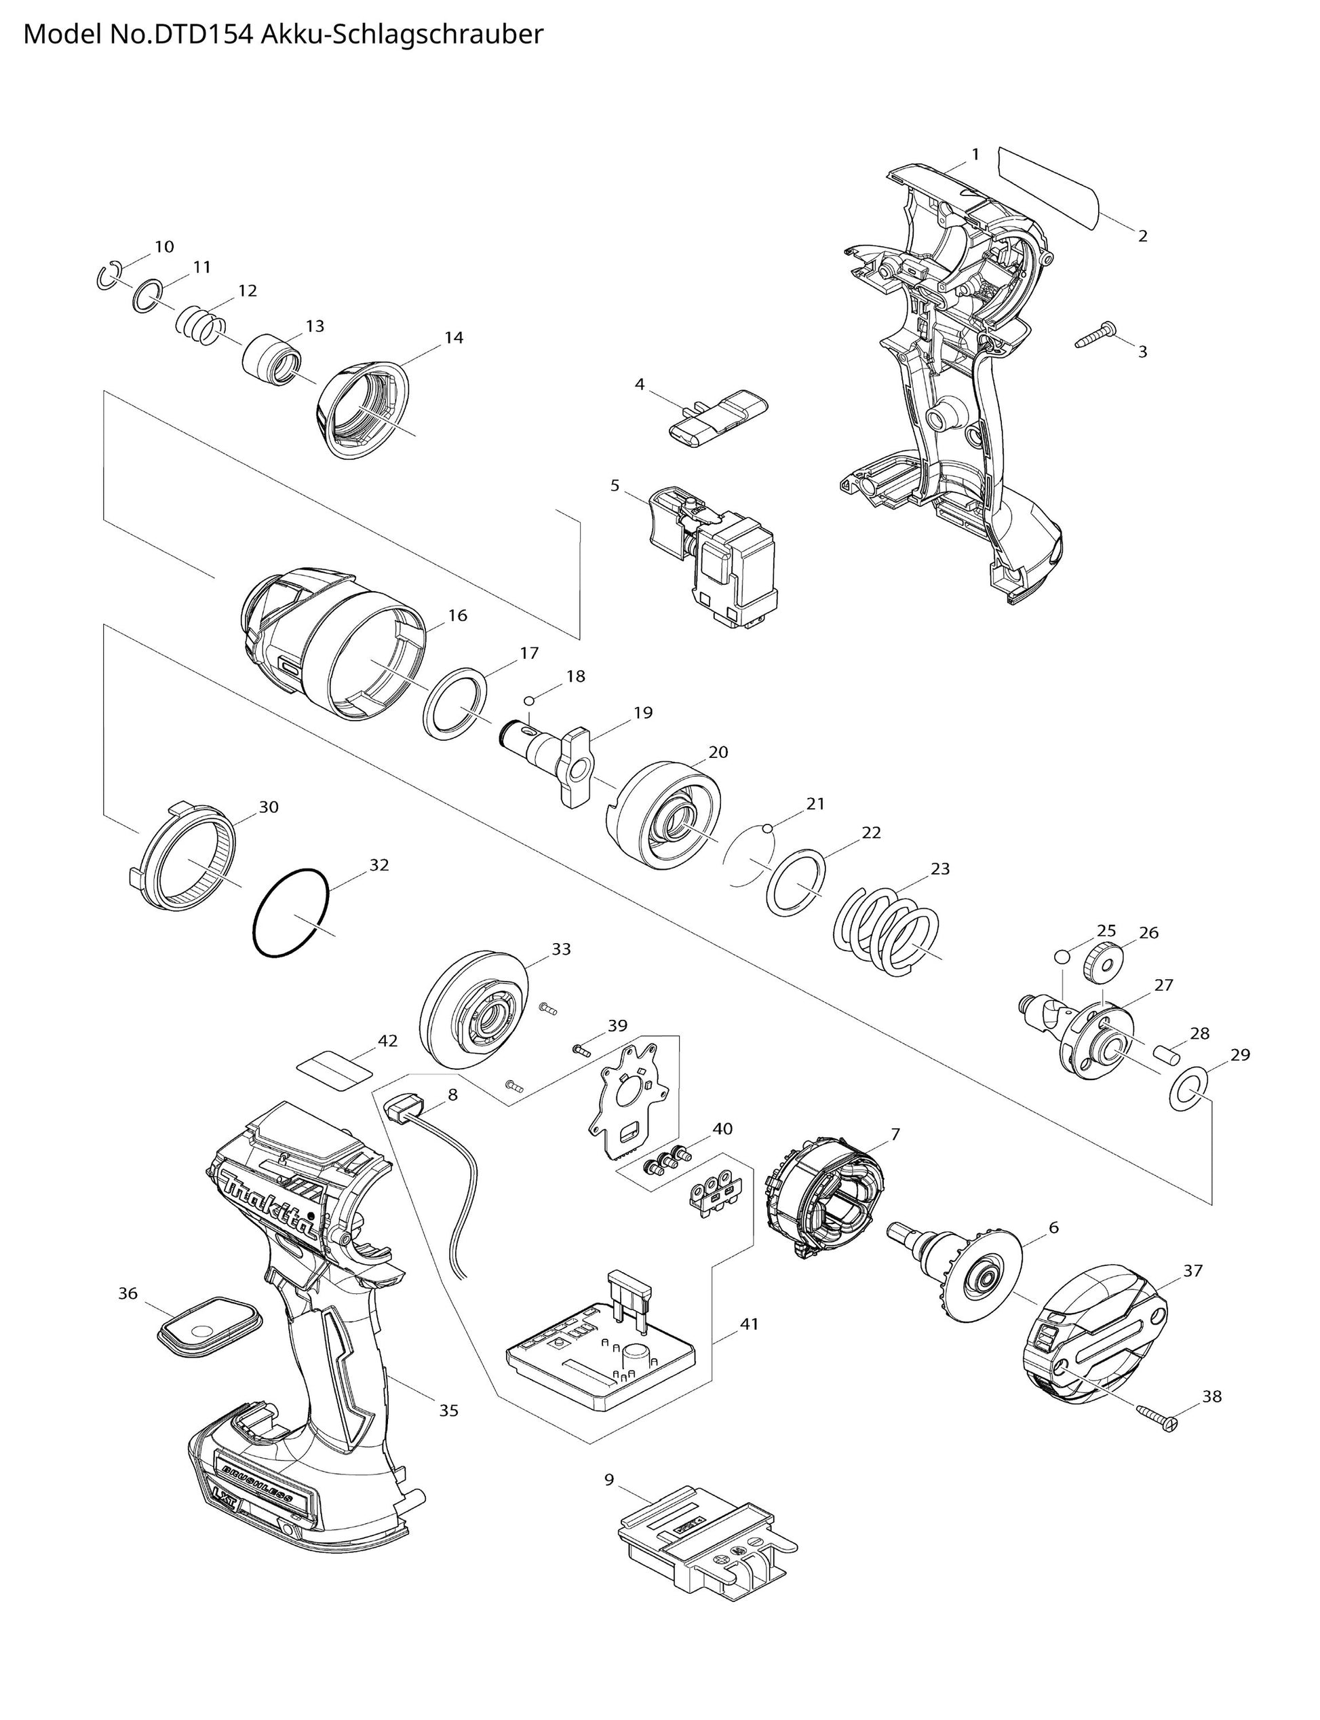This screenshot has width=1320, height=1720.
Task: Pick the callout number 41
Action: click(x=750, y=1324)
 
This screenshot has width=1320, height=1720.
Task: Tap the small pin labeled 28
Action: click(x=1165, y=1053)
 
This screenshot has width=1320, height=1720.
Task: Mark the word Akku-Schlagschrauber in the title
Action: click(x=402, y=35)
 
